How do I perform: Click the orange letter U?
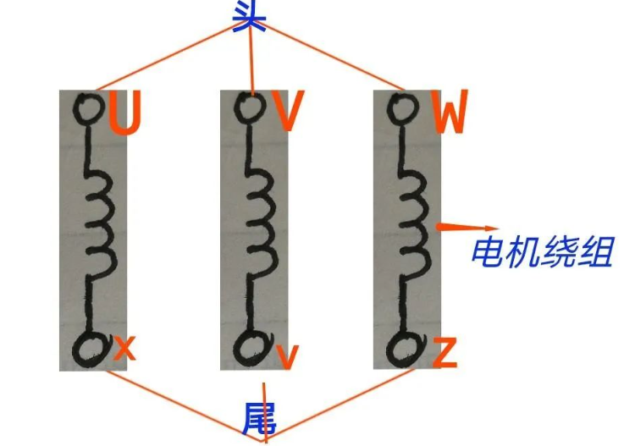point(124,113)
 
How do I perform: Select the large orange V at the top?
point(287,110)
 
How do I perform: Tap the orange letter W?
point(450,112)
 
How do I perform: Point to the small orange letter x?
point(124,348)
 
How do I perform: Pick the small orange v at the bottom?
point(288,356)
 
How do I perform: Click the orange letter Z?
point(444,352)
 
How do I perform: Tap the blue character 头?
point(250,14)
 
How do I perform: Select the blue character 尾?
point(260,419)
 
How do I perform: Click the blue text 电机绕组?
point(543,252)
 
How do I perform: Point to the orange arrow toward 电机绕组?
point(466,227)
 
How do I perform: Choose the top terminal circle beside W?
point(402,108)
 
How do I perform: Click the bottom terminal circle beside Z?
point(406,349)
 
